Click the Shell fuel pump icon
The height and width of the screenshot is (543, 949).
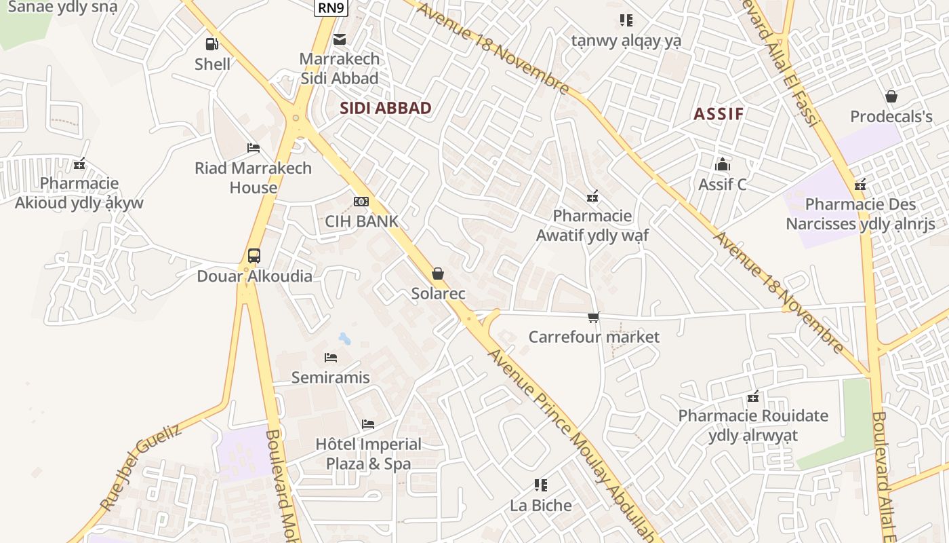pos(212,44)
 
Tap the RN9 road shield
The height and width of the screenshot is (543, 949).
pos(331,7)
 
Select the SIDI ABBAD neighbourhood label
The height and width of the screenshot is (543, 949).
pos(385,108)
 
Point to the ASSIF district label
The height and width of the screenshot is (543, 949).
pos(719,113)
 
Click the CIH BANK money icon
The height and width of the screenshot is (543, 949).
pos(361,202)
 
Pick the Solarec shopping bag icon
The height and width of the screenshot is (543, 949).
pos(438,274)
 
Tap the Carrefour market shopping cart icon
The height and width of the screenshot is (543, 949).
pos(594,317)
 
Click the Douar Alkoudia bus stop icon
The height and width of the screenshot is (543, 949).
pos(254,256)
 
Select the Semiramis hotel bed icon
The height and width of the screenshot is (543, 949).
pos(331,357)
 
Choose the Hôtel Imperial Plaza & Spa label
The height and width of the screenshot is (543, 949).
pos(369,454)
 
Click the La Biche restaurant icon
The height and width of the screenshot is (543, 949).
pos(540,485)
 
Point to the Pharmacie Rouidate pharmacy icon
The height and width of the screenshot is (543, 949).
pos(752,396)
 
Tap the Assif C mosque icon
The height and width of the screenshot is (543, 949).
pos(723,164)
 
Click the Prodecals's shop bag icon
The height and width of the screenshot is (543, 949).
pos(891,96)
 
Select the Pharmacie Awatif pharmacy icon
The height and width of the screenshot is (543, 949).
pos(592,196)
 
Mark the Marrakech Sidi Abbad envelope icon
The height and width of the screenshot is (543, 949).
pos(340,39)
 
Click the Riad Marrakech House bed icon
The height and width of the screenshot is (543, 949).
pos(254,148)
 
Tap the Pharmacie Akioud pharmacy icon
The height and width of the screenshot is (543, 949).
pos(79,164)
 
